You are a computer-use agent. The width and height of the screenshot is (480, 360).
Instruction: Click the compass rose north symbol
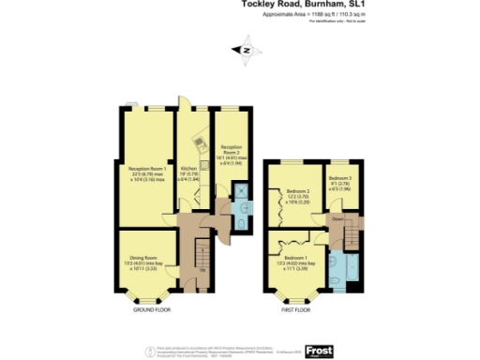click(247, 51)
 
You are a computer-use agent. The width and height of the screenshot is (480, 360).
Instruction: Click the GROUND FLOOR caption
click(150, 307)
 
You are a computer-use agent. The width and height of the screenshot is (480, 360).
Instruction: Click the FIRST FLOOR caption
click(297, 307)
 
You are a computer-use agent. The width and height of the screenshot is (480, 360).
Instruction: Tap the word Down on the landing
click(337, 218)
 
